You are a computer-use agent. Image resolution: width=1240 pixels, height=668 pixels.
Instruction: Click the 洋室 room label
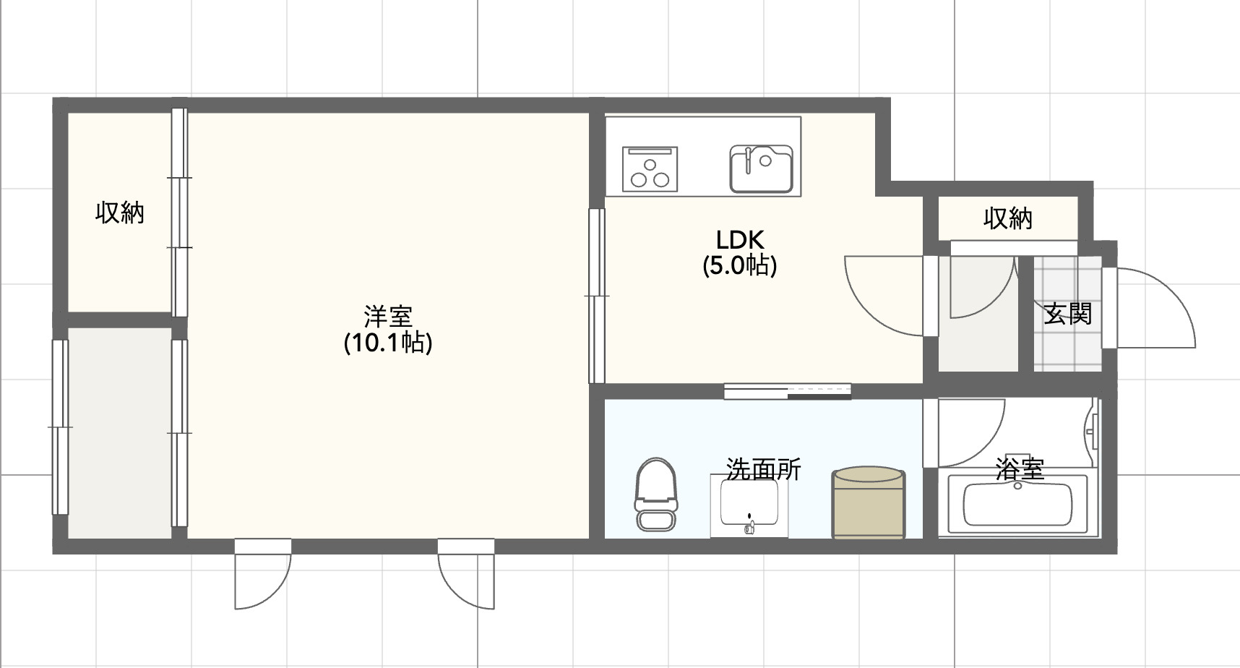coord(388,317)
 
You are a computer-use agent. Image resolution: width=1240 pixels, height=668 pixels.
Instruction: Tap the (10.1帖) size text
coord(388,342)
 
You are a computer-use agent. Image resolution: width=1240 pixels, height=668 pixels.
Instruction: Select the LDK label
coord(740,239)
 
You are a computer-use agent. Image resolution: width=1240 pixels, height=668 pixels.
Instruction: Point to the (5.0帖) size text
coord(740,265)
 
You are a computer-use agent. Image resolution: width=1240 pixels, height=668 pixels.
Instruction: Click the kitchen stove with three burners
coord(650,168)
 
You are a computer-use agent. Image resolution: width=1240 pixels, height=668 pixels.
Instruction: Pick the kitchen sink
coord(761,169)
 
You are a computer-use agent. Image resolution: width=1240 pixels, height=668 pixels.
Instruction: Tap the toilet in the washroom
coord(655,494)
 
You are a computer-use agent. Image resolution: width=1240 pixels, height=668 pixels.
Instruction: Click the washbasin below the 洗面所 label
coord(749,506)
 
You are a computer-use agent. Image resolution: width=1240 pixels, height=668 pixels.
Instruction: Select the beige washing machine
coord(868,503)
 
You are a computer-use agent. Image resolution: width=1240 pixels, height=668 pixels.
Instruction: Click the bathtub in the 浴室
coord(1017,505)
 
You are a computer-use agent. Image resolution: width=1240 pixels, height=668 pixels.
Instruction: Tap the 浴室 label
coord(1020,469)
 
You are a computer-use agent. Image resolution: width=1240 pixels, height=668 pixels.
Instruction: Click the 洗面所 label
coord(763,470)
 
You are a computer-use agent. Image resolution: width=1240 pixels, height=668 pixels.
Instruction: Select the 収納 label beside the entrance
coord(1007,218)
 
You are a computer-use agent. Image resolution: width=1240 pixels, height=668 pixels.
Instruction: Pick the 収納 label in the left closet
coord(120,213)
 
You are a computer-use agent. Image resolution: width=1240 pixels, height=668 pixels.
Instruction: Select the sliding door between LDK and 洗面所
coord(788,391)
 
